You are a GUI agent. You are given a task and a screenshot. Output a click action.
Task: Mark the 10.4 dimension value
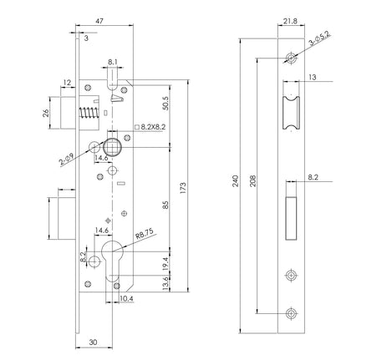point(126,298)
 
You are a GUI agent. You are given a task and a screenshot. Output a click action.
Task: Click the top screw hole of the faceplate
point(290,58)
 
